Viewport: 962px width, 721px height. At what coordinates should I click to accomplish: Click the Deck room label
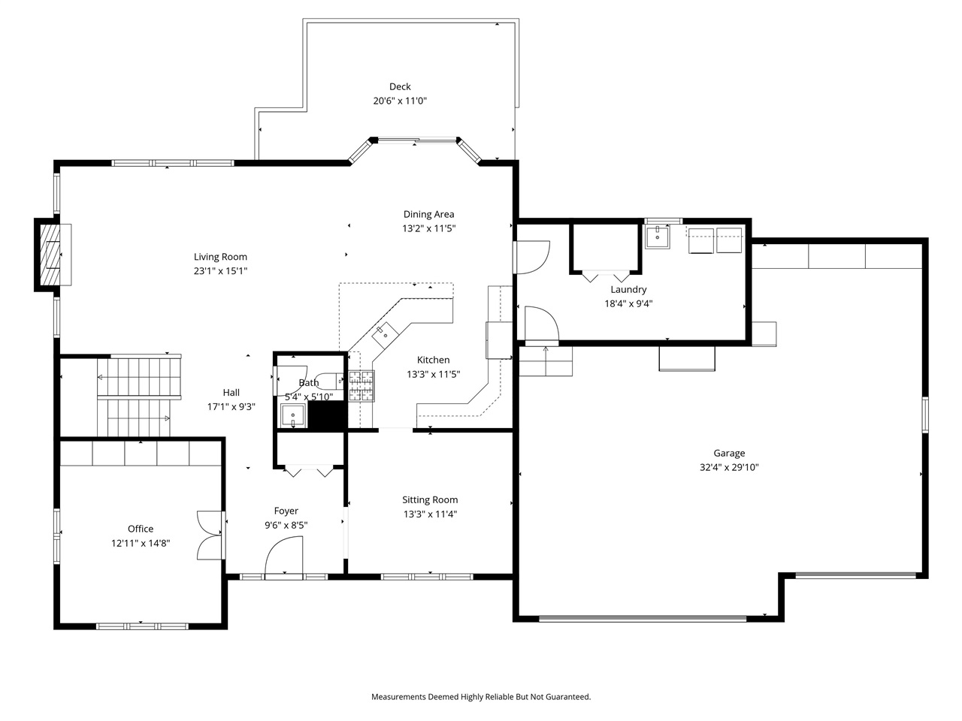pos(400,86)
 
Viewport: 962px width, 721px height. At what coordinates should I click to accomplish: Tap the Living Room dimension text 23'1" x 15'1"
pos(220,271)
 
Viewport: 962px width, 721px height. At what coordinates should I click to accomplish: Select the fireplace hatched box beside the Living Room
pos(50,255)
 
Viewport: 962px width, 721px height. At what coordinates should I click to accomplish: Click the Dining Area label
pos(428,215)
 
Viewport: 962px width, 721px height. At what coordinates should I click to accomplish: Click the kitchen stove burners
pos(362,386)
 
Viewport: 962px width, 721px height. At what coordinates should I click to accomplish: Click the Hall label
pos(231,393)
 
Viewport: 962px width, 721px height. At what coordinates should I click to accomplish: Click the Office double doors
pos(210,535)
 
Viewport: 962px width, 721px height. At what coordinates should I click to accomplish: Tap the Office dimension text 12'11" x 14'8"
pos(141,543)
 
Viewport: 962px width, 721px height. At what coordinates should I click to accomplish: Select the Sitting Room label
pos(430,500)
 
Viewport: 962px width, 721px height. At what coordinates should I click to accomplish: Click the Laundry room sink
pos(658,237)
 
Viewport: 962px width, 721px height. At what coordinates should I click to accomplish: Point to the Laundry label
pos(628,290)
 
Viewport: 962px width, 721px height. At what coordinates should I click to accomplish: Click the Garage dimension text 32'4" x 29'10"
pos(729,467)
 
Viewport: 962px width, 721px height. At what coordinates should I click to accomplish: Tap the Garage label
pos(729,453)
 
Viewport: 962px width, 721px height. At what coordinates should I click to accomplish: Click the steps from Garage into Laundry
pos(546,361)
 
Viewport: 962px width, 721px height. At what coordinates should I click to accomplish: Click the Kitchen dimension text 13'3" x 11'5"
pos(433,374)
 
